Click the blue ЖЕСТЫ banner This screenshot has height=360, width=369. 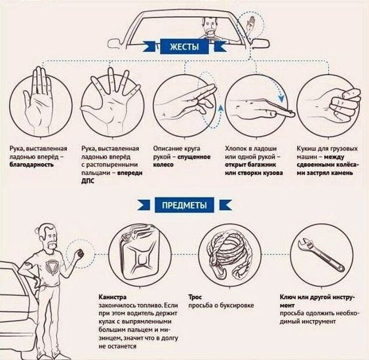point(184,47)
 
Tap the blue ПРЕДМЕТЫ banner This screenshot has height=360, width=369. point(184,205)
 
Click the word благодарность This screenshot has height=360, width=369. point(31,165)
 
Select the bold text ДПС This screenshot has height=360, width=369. point(88,181)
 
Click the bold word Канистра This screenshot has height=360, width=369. point(113,297)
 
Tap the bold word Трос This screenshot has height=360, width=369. point(195,297)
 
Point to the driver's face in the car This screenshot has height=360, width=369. point(210,26)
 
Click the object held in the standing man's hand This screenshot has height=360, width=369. point(81,253)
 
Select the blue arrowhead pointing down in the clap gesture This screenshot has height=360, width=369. point(281,98)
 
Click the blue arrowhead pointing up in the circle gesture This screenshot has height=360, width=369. point(220,108)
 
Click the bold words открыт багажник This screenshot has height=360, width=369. point(250,165)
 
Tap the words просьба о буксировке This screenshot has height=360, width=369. point(222,306)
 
